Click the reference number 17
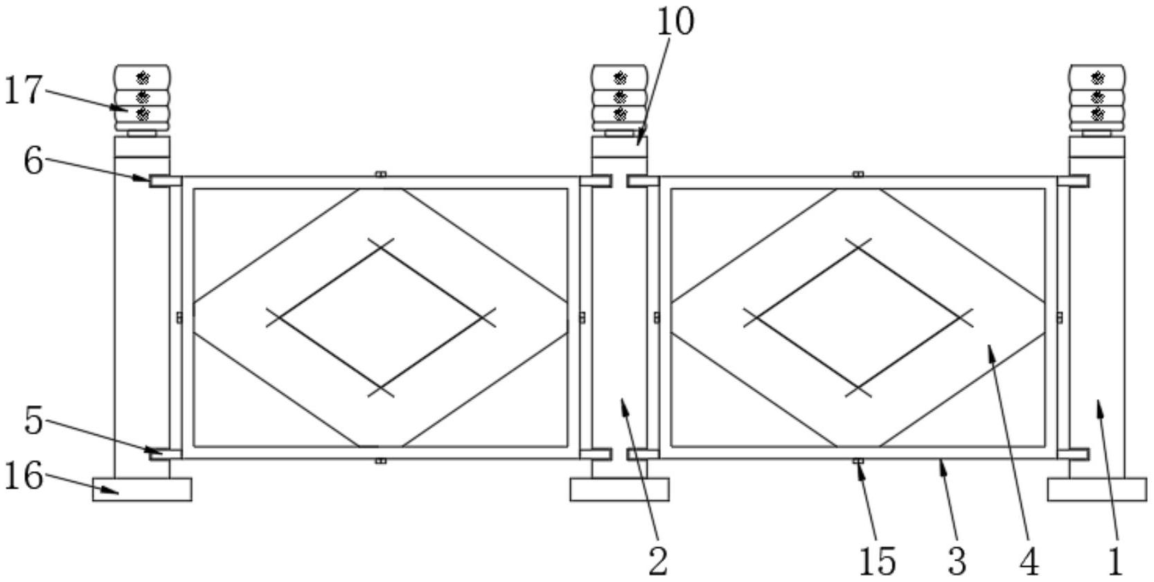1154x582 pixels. [x=22, y=90]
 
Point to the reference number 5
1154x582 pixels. [x=33, y=420]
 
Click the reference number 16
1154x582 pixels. [x=23, y=475]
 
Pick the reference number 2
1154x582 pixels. [x=659, y=561]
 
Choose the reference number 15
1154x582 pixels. [x=878, y=561]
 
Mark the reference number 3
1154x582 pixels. [x=957, y=561]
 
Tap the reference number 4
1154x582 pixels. [x=1029, y=561]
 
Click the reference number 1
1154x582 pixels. [x=1115, y=561]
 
